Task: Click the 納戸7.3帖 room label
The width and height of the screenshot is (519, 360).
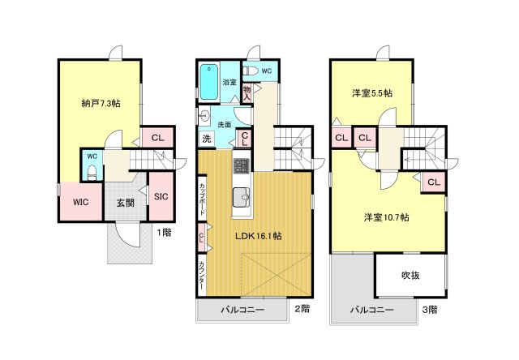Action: pyautogui.click(x=101, y=103)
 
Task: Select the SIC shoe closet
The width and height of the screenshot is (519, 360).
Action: pyautogui.click(x=160, y=195)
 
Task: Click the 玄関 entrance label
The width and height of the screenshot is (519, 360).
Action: pyautogui.click(x=125, y=202)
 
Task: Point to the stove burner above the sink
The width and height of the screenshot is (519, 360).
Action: pyautogui.click(x=241, y=169)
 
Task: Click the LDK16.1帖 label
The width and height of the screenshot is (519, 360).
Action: pyautogui.click(x=257, y=236)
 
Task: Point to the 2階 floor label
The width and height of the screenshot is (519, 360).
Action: pyautogui.click(x=302, y=309)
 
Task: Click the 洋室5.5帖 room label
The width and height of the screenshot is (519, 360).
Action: pyautogui.click(x=373, y=93)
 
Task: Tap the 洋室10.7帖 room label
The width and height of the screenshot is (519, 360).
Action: pyautogui.click(x=385, y=217)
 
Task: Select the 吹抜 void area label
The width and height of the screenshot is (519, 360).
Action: pyautogui.click(x=411, y=276)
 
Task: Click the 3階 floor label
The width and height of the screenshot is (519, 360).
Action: pyautogui.click(x=429, y=309)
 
